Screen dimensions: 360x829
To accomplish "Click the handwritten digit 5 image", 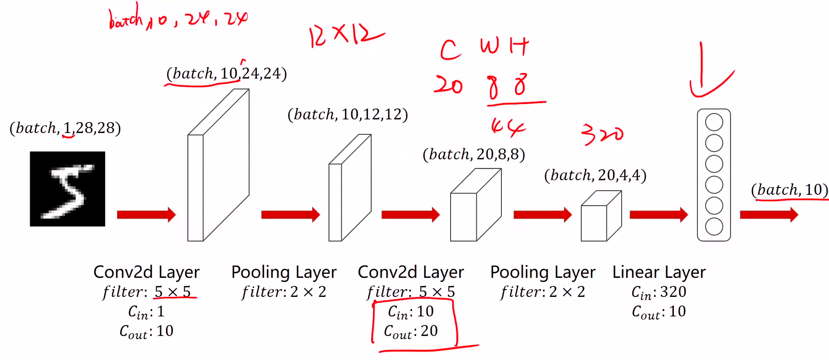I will click(67, 189).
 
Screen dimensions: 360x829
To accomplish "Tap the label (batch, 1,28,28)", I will click(65, 128).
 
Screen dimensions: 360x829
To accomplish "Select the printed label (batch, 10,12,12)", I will click(348, 114).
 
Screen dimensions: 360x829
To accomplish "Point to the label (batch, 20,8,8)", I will click(474, 154).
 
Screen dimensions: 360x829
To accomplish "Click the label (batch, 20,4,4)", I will click(595, 175).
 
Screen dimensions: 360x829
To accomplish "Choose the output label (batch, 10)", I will click(790, 190).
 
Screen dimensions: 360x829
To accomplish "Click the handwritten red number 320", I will click(602, 134).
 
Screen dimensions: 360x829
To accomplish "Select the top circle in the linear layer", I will click(714, 122).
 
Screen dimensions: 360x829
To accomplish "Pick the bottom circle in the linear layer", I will click(714, 227).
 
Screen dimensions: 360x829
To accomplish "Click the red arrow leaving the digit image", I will click(146, 214).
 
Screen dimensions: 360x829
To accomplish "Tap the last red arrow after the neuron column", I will click(769, 214).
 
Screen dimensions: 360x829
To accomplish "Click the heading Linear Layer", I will click(659, 272).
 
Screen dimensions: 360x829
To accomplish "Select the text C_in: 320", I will click(659, 292).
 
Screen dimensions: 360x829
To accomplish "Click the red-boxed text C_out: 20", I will click(411, 331).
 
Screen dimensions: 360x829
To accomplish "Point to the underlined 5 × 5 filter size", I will click(173, 292).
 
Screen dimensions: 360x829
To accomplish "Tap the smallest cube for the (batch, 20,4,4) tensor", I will click(600, 218).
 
